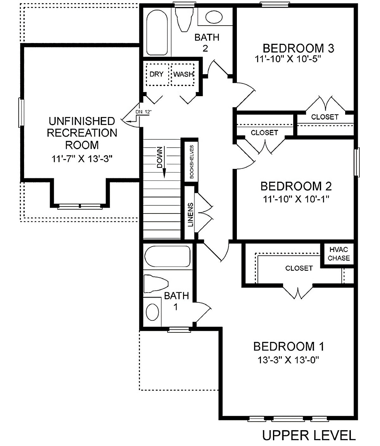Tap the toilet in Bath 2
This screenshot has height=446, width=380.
click(x=184, y=20)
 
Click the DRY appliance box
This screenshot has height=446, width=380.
click(x=157, y=74)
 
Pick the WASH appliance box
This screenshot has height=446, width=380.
click(x=182, y=74)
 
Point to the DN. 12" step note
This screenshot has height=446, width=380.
click(x=143, y=112)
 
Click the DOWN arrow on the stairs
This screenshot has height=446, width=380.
click(x=164, y=162)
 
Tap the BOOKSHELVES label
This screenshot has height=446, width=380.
click(x=192, y=162)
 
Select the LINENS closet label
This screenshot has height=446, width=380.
click(x=190, y=214)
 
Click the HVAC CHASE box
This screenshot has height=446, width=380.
click(x=339, y=254)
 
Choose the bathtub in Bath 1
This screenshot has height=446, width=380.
click(x=168, y=256)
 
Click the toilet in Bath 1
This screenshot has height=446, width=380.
click(x=156, y=283)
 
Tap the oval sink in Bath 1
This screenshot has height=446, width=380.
click(x=153, y=312)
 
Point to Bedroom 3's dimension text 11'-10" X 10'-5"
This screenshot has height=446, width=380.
click(x=288, y=59)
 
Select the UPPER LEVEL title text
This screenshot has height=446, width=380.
click(x=309, y=435)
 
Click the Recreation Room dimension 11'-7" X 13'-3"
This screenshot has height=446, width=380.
click(x=82, y=159)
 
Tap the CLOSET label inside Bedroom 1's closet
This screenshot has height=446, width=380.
click(x=299, y=268)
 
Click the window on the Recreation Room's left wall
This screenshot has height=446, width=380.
click(x=22, y=112)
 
